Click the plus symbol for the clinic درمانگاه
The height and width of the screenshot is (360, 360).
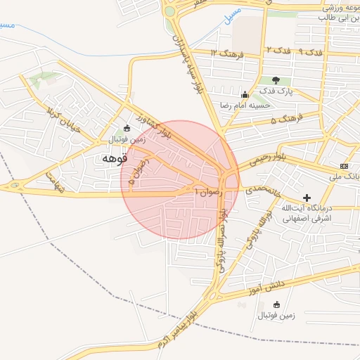pyautogui.click(x=307, y=198)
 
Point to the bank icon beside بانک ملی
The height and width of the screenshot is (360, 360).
pyautogui.click(x=344, y=165)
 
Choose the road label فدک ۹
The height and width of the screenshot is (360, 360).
pyautogui.click(x=310, y=53)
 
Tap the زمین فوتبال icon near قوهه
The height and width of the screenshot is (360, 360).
pyautogui.click(x=127, y=128)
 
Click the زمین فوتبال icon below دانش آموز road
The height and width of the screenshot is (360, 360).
pyautogui.click(x=276, y=305)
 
